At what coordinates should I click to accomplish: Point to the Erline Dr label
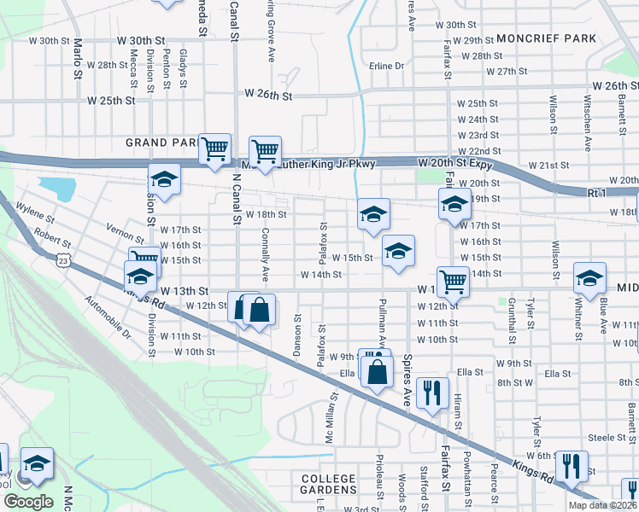coord(387,66)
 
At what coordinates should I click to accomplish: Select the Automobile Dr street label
coord(108,317)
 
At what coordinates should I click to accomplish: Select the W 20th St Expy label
coord(458,162)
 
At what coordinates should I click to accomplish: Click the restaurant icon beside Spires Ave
coord(433,393)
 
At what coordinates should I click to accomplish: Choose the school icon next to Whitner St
coord(589,279)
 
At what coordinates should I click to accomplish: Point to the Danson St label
coord(298,336)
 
